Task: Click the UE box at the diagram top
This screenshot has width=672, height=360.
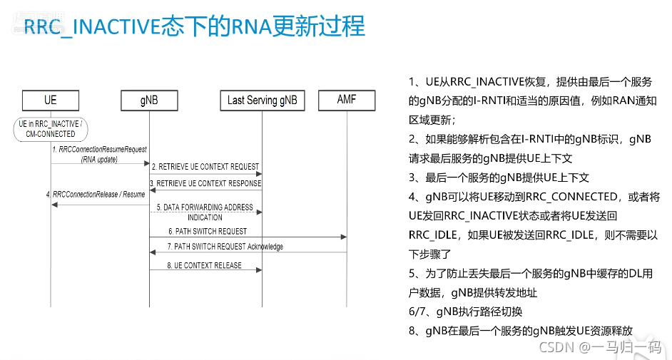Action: click(51, 100)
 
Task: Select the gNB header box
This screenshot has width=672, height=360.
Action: click(149, 100)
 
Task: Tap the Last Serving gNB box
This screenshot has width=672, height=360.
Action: click(262, 100)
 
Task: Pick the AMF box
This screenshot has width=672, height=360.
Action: click(346, 100)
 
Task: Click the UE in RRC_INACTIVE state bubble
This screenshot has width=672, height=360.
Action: click(51, 128)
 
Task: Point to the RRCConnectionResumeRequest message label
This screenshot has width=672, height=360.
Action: click(99, 150)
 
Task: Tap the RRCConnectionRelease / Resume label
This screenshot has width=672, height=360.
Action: click(96, 194)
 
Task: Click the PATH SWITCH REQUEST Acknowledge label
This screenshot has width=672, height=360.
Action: click(225, 247)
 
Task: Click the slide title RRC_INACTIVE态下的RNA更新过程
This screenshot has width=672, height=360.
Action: click(195, 27)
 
